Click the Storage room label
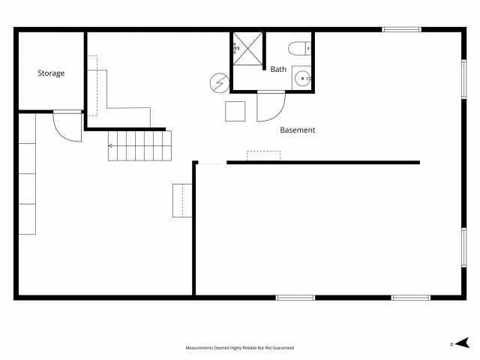coord(51,73)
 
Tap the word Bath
coord(278,69)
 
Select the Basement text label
coord(298,130)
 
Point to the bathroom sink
coord(302,77)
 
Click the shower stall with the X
coord(247,49)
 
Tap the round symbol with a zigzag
coord(219,82)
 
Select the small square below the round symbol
coord(235,110)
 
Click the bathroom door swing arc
coord(268,106)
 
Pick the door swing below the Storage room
coord(67,127)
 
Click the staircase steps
coord(140,145)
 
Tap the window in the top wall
coord(401,29)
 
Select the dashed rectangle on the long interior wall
coord(263,155)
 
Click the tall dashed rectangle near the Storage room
coord(92,85)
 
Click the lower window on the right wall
coord(464,247)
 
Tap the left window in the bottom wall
coord(295,298)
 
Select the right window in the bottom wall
coord(411,298)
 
